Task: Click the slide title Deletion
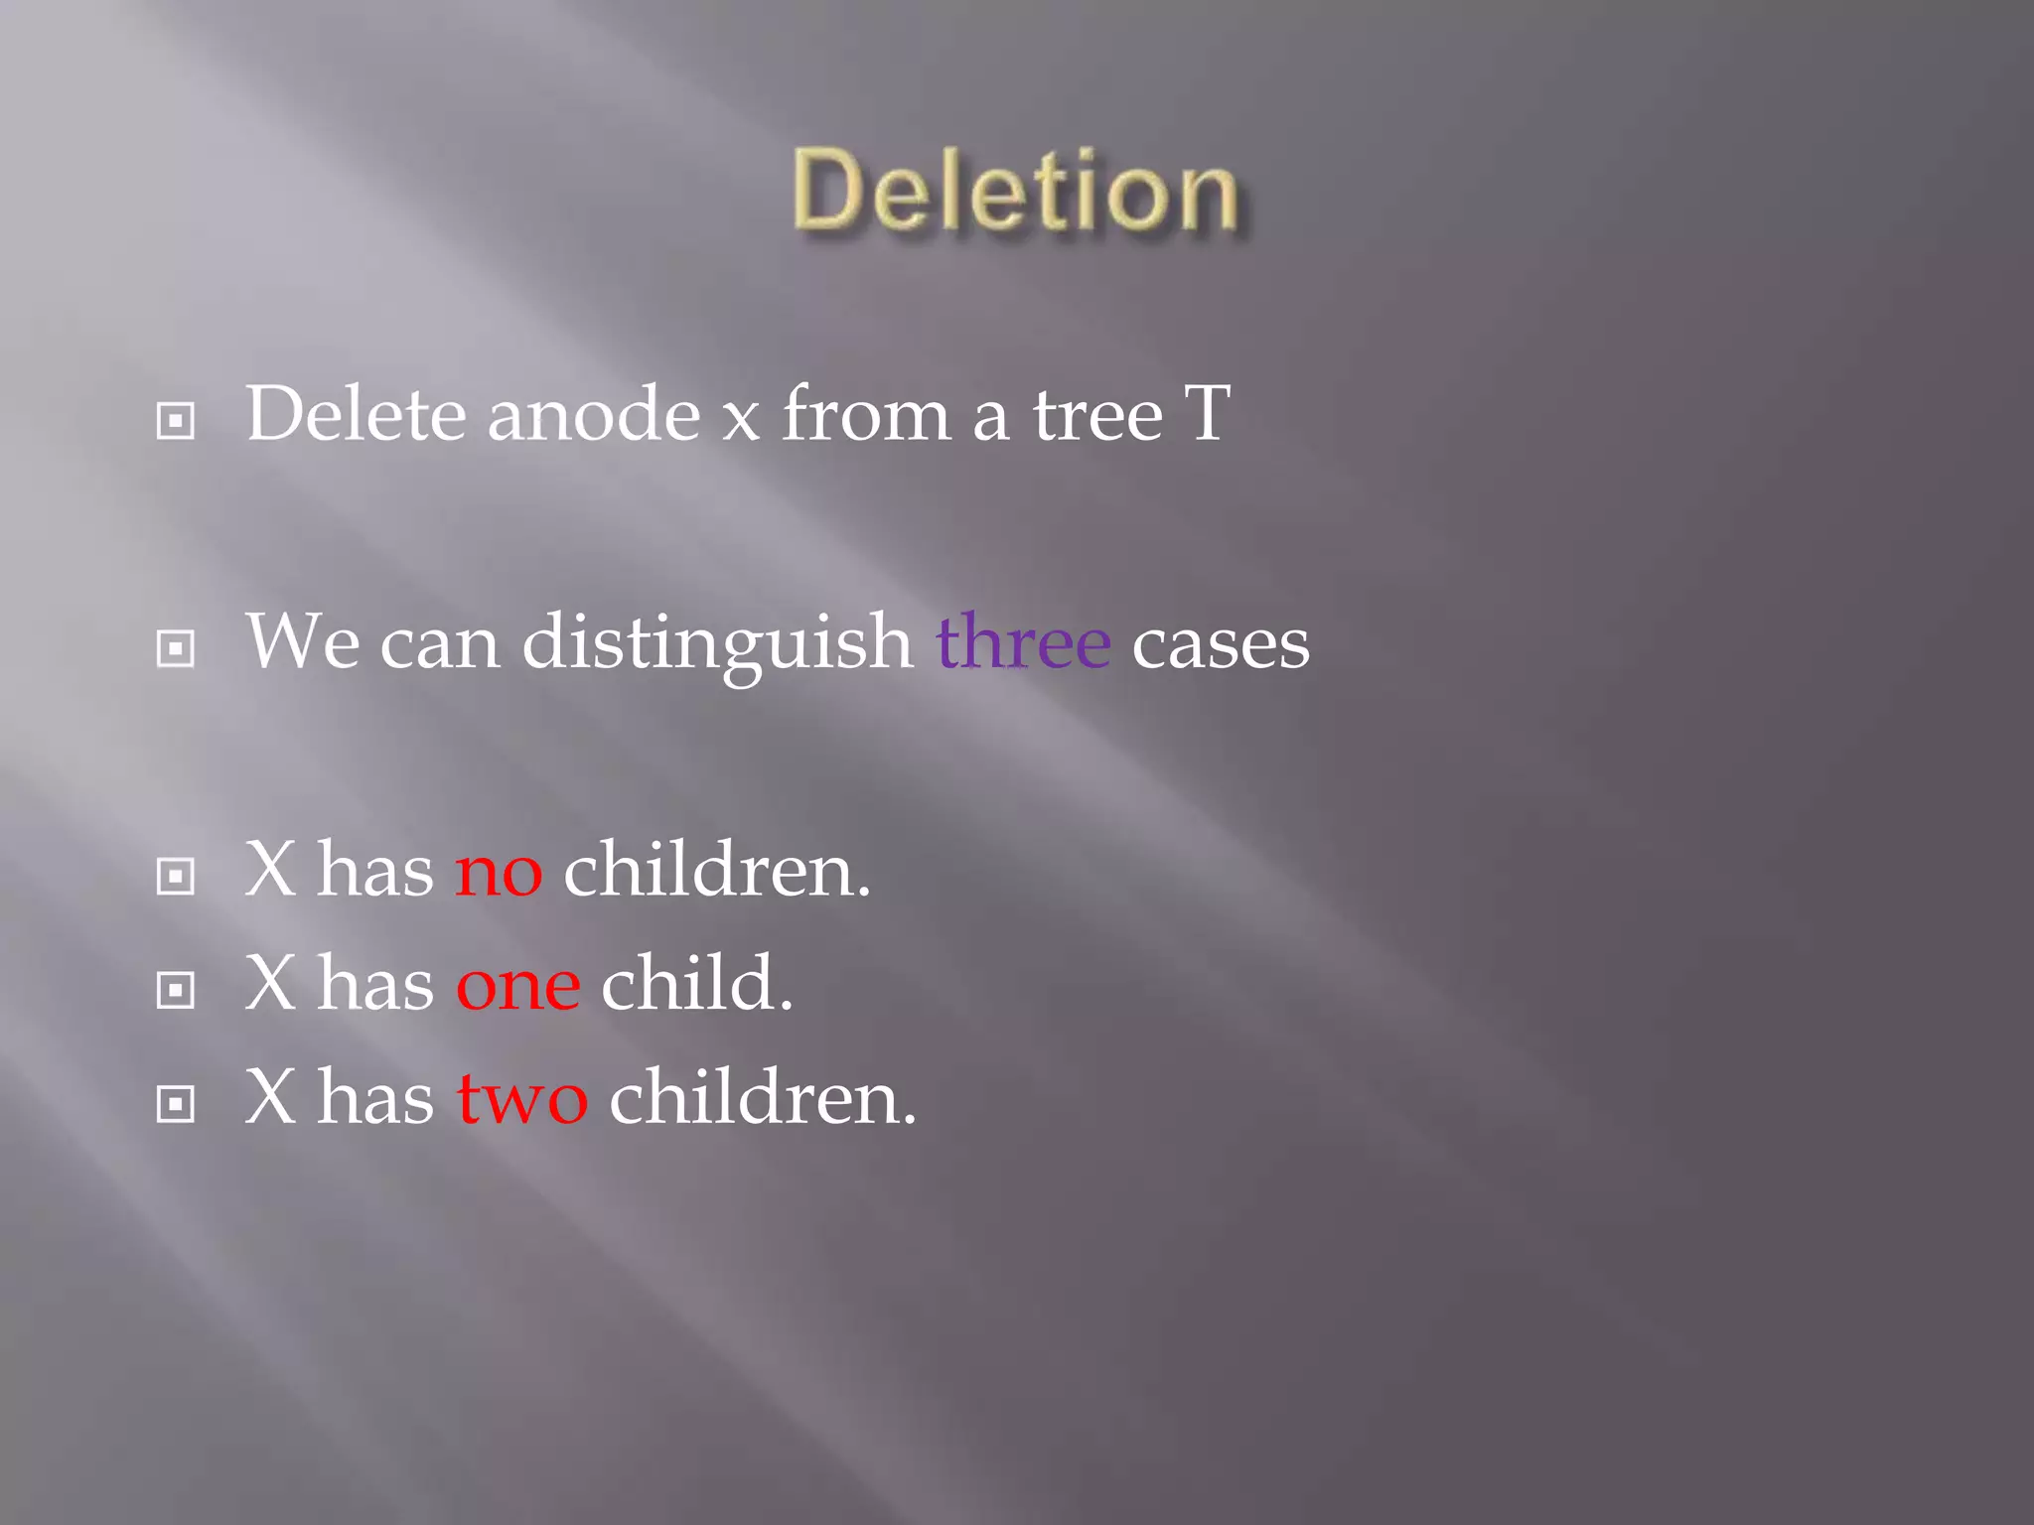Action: tap(1015, 191)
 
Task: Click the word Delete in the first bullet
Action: tap(355, 414)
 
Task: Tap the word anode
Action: tap(594, 414)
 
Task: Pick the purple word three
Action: tap(1023, 642)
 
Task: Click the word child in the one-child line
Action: tap(696, 983)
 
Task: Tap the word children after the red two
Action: tap(762, 1097)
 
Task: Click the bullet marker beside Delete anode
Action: tap(176, 421)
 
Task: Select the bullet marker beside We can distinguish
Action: tap(176, 649)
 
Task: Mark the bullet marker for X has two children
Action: tap(176, 1104)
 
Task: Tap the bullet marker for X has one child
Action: tap(176, 990)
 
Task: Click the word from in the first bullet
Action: tap(866, 412)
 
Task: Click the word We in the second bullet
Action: tap(302, 642)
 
